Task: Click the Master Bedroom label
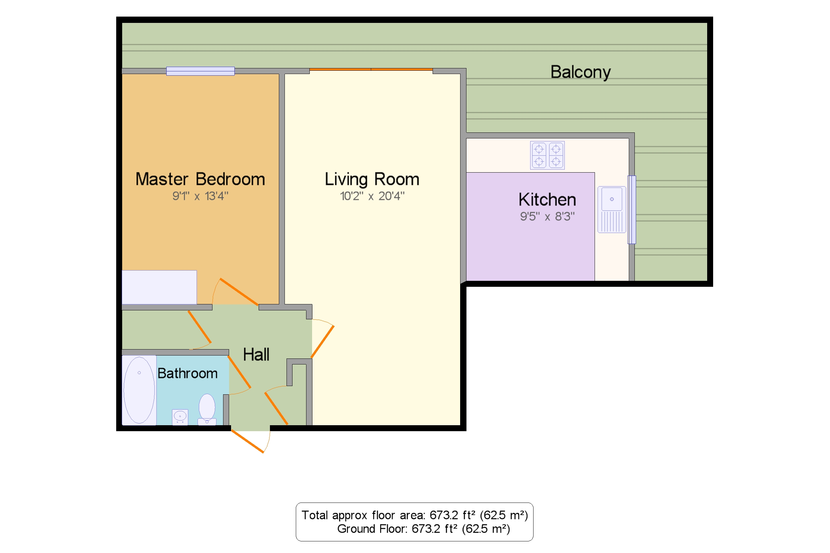tap(200, 179)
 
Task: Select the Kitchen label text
tap(547, 199)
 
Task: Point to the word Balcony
tap(581, 73)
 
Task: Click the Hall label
tap(256, 355)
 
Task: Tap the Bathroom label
tap(187, 373)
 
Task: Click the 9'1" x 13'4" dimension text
tap(200, 196)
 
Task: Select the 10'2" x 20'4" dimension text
tap(372, 196)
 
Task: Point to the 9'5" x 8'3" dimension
tap(547, 216)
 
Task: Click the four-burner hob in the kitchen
tap(547, 155)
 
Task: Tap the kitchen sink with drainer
tap(612, 209)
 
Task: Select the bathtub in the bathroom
tap(139, 390)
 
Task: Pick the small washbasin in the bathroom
tap(180, 417)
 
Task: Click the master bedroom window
tap(200, 71)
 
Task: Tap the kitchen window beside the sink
tap(631, 210)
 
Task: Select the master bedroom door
tap(239, 292)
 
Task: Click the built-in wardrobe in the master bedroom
tap(159, 287)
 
